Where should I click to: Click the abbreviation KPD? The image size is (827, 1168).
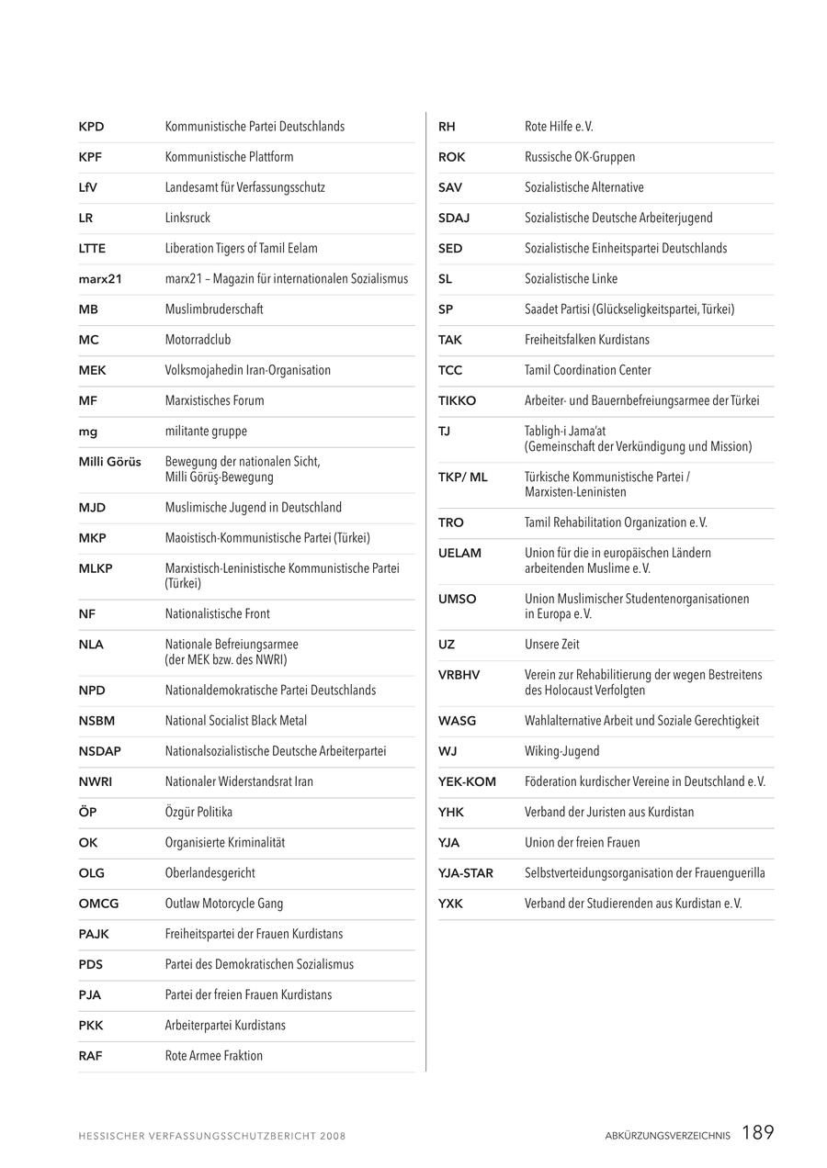coord(91,127)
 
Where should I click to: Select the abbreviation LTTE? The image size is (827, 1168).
coord(92,249)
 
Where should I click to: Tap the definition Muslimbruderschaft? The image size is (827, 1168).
coord(214,309)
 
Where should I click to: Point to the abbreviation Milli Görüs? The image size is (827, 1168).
coord(110,462)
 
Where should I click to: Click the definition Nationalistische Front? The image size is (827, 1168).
coord(218,614)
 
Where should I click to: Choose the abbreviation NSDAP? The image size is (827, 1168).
coord(100,751)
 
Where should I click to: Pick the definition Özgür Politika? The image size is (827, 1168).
coord(198,813)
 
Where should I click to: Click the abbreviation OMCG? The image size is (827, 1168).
coord(98,904)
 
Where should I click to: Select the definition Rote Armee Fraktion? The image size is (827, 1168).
coord(214,1056)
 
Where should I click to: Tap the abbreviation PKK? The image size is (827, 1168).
coord(91,1026)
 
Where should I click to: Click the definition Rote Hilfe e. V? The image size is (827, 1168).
coord(559,127)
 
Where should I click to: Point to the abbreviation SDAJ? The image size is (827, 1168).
coord(454,219)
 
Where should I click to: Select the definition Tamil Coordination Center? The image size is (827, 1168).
coord(588,371)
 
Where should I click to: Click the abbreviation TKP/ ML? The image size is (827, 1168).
coord(463,477)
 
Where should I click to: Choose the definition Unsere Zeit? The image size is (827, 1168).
coord(552,645)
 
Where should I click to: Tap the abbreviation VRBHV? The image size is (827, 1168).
coord(459,675)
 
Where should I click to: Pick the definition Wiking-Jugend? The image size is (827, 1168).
coord(562,752)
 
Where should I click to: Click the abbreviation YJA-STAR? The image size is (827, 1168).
coord(466,873)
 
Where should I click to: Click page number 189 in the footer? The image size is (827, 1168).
coord(758,1133)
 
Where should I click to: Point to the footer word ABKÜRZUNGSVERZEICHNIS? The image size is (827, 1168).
coord(668,1136)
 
